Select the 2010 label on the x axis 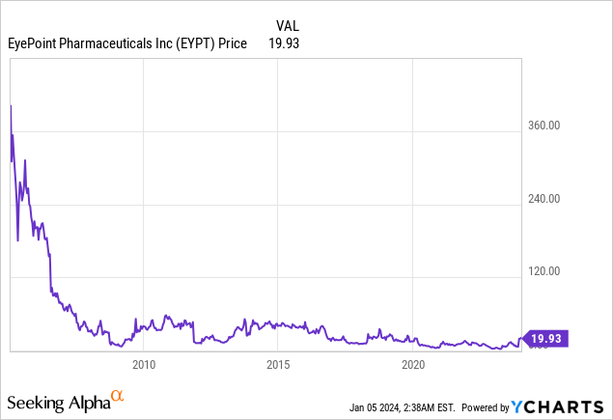pyautogui.click(x=144, y=364)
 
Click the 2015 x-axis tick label pyautogui.click(x=278, y=364)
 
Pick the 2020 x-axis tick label pyautogui.click(x=413, y=364)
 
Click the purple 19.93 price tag pyautogui.click(x=546, y=338)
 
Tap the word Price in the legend pyautogui.click(x=233, y=43)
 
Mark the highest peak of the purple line pyautogui.click(x=11, y=104)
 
